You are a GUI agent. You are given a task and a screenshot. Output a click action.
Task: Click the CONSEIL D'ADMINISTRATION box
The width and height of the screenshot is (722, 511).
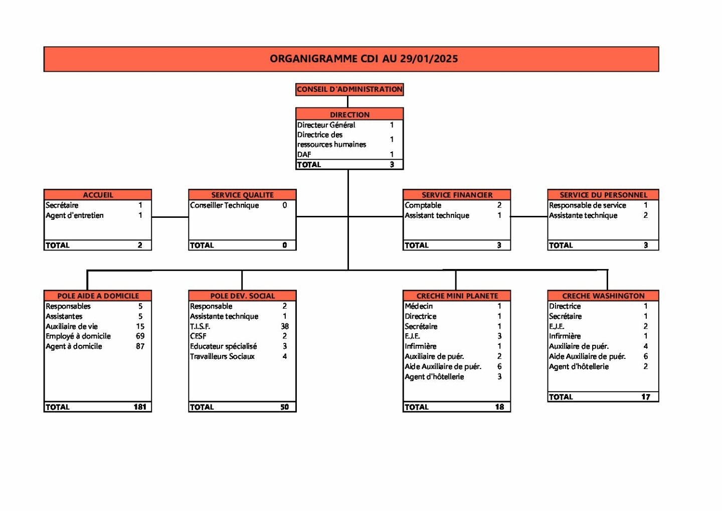point(349,89)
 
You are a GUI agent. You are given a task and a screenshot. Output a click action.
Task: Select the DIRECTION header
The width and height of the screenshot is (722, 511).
point(349,114)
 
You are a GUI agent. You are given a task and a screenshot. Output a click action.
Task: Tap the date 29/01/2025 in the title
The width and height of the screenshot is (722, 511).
point(429,59)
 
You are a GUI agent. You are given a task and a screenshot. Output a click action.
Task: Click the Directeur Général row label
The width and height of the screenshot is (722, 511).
point(326,125)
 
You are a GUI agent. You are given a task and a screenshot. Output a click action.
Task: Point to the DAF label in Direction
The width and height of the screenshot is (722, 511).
point(304,155)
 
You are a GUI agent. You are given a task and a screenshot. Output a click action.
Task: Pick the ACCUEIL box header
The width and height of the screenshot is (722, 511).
point(98,195)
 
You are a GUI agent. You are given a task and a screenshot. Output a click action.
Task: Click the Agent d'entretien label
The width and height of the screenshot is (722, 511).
point(74,215)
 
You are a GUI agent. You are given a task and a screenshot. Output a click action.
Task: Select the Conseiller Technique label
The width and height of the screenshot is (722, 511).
point(224,205)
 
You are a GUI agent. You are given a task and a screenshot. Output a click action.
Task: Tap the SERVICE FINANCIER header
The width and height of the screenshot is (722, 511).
point(457,195)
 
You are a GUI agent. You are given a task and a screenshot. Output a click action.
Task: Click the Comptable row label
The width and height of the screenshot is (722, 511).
point(423,205)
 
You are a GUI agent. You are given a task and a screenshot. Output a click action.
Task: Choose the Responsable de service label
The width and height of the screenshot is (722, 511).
point(587,205)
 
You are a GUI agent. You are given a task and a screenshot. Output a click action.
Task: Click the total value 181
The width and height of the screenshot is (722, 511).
point(140,407)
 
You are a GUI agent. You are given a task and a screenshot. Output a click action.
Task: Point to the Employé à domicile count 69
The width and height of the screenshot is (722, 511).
point(140,336)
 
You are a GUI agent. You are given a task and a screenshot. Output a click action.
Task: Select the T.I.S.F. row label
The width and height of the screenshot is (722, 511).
point(200,326)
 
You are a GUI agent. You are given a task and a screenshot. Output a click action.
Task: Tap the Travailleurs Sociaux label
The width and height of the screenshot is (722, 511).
point(222,356)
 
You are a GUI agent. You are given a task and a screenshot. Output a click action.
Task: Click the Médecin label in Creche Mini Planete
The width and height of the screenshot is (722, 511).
point(419,306)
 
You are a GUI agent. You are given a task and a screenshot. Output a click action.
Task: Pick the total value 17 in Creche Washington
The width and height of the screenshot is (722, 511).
point(646,397)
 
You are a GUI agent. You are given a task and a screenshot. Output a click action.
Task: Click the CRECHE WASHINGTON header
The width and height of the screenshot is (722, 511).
point(603,296)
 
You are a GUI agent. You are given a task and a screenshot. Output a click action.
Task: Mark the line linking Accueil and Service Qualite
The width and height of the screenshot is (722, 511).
point(170,217)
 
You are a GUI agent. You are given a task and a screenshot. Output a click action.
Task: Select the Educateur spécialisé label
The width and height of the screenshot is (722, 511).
point(224,346)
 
